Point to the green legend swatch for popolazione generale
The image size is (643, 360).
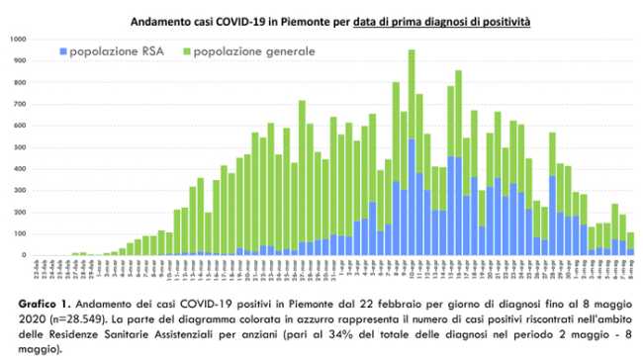tap(185, 48)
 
